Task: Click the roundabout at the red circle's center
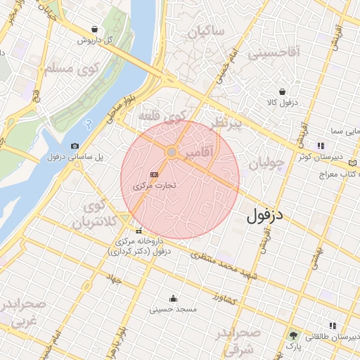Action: [172, 152]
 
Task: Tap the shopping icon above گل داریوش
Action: [94, 29]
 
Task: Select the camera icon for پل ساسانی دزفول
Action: [75, 146]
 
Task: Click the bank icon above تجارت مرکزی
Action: [154, 174]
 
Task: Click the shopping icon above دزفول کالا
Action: [282, 91]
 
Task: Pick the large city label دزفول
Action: [265, 214]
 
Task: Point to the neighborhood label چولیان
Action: [266, 162]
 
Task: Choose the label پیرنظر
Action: [229, 124]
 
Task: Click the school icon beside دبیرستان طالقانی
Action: [333, 326]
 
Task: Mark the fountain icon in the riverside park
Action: [87, 123]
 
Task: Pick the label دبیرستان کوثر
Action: [334, 157]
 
